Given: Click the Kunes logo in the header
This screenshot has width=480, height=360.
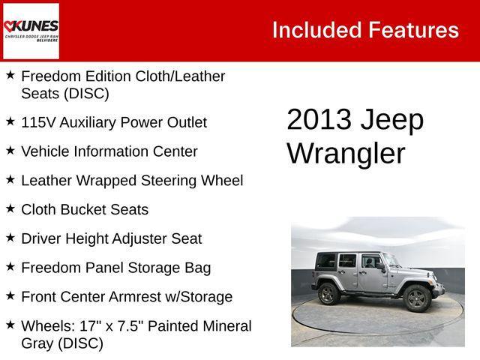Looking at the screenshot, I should (x=31, y=30).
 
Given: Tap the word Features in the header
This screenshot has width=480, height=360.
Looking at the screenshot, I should (x=412, y=30).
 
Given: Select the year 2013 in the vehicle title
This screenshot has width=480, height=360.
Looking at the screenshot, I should (x=319, y=120).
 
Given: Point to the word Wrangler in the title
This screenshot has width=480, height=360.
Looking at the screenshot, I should (x=346, y=154).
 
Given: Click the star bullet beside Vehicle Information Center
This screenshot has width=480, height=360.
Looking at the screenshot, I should (x=10, y=150).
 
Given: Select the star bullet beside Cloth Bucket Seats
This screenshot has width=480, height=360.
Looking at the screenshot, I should (x=10, y=208).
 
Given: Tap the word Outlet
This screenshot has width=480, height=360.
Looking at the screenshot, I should (x=185, y=122).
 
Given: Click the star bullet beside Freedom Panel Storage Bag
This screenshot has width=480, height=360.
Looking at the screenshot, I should (x=10, y=267).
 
